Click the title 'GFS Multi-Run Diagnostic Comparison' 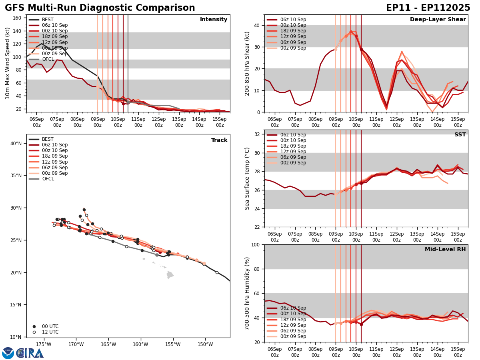(100, 8)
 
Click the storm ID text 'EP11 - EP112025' (428, 8)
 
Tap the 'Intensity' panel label (214, 20)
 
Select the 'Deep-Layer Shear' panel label (438, 20)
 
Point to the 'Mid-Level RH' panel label (445, 250)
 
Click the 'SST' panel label (460, 135)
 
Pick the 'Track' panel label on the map (219, 140)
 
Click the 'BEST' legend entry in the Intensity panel (48, 20)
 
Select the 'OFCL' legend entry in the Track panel (48, 179)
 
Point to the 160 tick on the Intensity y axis (18, 18)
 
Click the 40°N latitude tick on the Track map (16, 143)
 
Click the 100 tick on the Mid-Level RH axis (255, 244)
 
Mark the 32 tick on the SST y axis (257, 134)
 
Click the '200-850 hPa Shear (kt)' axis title (248, 64)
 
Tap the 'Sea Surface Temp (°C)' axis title (248, 178)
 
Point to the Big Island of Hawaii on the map (170, 275)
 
